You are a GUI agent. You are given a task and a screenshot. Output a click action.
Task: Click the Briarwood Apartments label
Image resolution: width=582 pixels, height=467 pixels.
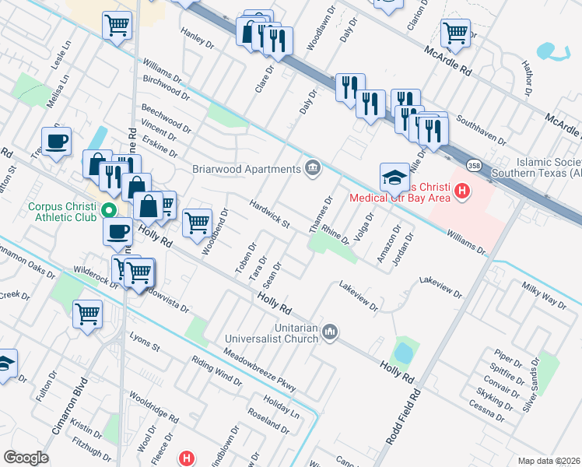pos(247,169)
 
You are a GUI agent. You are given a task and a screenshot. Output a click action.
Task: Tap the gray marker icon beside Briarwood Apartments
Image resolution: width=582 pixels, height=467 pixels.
pos(313,168)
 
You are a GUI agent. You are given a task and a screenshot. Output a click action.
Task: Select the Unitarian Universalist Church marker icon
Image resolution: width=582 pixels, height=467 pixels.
pos(330,332)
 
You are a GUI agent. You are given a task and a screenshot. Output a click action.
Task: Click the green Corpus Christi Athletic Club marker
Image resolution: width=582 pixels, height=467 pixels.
pos(109,210)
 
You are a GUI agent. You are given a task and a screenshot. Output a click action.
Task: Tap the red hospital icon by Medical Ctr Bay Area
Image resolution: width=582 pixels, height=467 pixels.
pos(462,190)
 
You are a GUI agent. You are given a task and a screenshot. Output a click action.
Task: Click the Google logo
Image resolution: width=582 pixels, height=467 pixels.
pos(26,458)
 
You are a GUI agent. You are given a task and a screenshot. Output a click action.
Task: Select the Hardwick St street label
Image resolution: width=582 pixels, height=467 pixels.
pos(269,214)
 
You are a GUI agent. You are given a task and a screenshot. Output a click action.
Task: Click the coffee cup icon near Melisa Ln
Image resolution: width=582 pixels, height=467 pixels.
pos(57,141)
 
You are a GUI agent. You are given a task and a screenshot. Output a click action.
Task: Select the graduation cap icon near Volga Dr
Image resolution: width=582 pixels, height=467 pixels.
pos(394,177)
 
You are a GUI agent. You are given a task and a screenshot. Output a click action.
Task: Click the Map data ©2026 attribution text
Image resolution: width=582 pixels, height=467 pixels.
pos(548,461)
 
